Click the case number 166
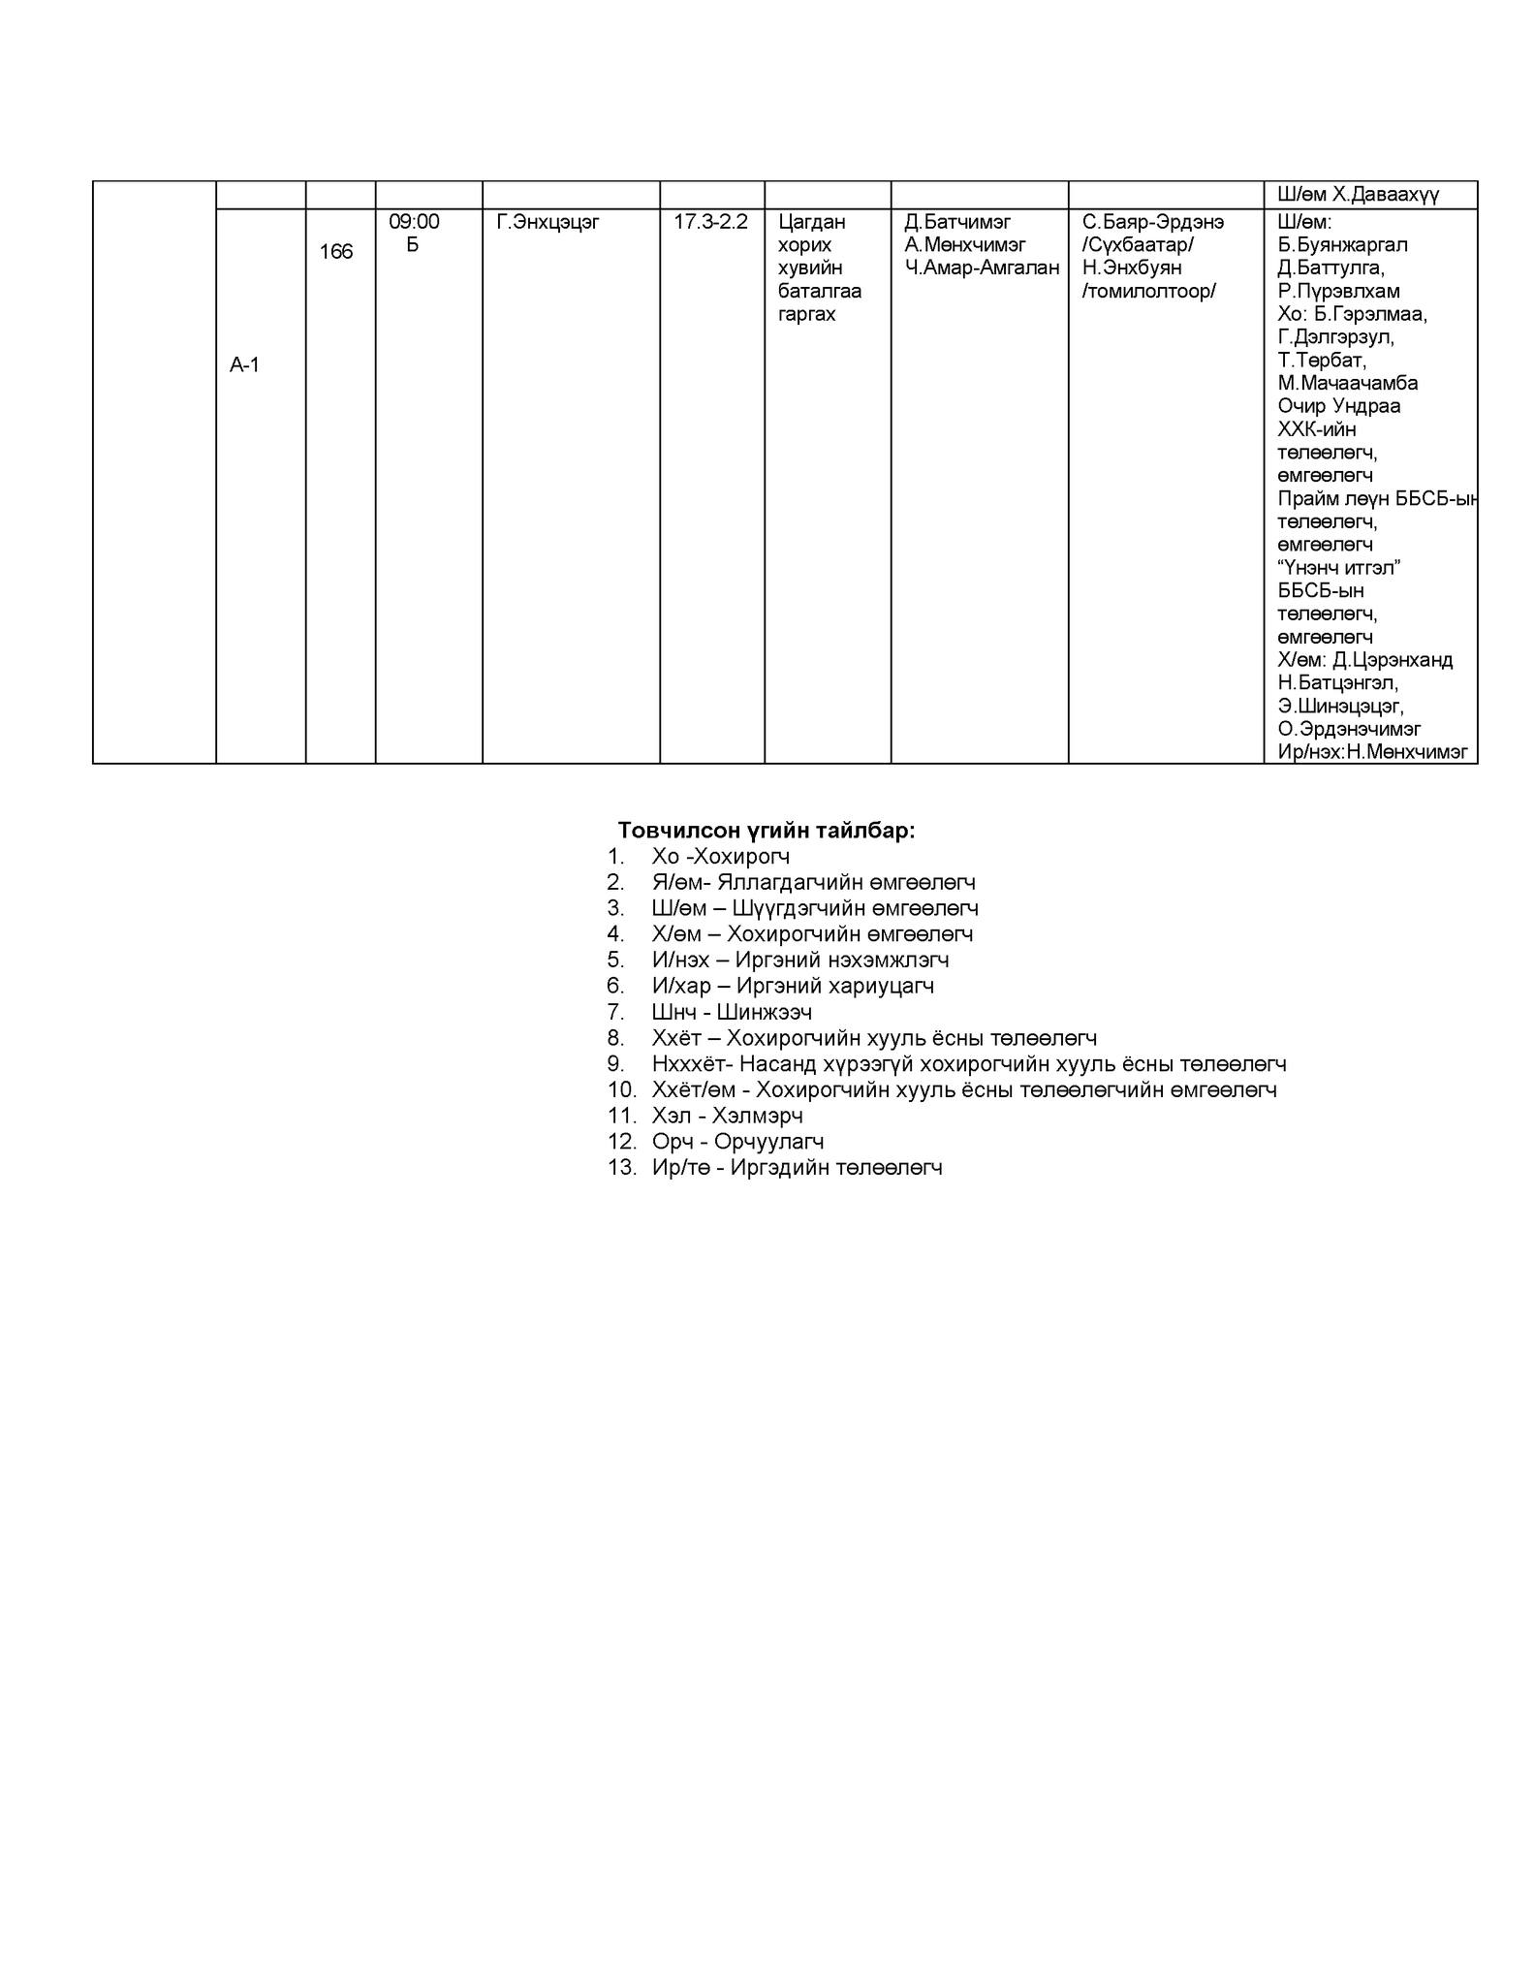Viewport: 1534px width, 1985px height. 336,252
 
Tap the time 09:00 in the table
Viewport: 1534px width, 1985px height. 414,222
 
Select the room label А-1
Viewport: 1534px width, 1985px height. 244,365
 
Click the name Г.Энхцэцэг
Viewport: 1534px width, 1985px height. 548,222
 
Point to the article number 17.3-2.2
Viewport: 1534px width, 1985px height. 710,222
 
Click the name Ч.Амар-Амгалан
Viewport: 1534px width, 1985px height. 982,268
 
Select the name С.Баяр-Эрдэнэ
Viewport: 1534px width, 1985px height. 1152,222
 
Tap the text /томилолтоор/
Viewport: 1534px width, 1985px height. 1148,292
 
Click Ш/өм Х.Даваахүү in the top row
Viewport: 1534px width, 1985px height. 1358,195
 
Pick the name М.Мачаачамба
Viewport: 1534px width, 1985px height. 1347,383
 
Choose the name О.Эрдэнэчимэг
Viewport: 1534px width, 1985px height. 1349,729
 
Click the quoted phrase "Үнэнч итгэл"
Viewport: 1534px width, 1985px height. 1339,567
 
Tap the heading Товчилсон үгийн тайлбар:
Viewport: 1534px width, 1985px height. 767,831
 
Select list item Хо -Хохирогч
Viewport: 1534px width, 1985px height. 721,857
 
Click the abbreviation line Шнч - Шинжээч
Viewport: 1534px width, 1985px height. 732,1012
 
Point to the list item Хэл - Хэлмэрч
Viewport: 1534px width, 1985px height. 727,1116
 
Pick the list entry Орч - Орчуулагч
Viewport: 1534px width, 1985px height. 737,1142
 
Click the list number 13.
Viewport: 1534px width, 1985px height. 621,1168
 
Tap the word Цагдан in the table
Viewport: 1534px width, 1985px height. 811,222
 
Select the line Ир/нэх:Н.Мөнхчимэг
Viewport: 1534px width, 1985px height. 1372,752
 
